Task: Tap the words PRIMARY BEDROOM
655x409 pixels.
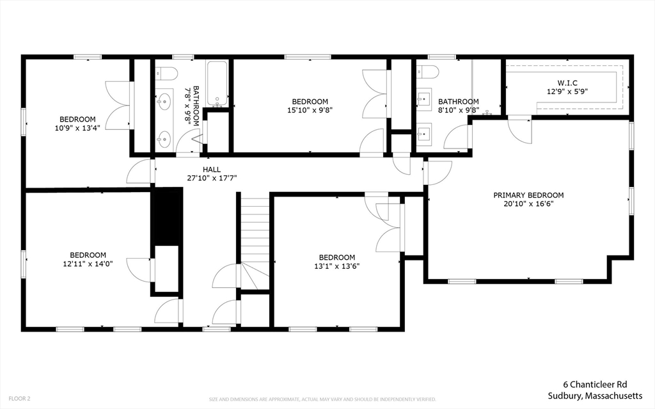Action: [528, 195]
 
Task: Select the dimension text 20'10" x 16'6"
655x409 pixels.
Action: [528, 204]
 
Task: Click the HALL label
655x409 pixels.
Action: [212, 169]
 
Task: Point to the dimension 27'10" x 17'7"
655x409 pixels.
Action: [212, 178]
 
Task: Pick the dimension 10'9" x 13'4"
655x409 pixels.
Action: [77, 128]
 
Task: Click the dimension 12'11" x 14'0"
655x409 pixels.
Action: [88, 264]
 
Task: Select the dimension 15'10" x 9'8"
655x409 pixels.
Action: [310, 110]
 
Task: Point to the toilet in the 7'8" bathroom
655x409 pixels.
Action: [166, 72]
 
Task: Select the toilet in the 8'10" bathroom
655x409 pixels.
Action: [427, 72]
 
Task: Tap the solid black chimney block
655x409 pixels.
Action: [167, 214]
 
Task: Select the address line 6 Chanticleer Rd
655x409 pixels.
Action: [594, 385]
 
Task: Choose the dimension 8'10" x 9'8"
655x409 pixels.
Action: [458, 110]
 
